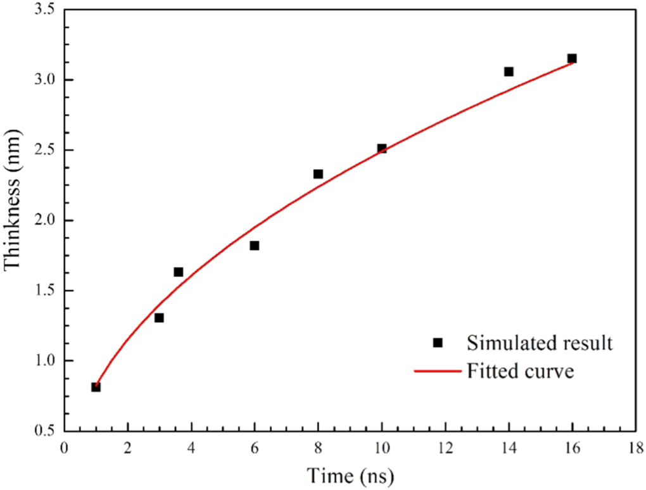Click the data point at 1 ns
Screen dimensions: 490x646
[x=96, y=387]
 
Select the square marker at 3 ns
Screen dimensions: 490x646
[x=159, y=318]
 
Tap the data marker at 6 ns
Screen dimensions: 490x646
[x=255, y=246]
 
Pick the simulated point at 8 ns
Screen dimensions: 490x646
[x=318, y=174]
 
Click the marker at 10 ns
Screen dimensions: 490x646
[x=382, y=148]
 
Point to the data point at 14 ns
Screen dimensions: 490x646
[x=509, y=72]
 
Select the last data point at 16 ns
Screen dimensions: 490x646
[x=572, y=58]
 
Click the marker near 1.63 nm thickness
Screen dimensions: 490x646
[x=179, y=272]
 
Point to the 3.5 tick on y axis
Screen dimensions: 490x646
[x=44, y=10]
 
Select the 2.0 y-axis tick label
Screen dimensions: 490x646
[x=44, y=220]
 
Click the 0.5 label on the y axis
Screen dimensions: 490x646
[x=44, y=431]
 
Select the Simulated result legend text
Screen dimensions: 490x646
[x=540, y=343]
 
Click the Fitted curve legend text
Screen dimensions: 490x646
[x=521, y=370]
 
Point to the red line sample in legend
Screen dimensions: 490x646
[x=437, y=371]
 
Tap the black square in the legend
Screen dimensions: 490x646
[x=437, y=343]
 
